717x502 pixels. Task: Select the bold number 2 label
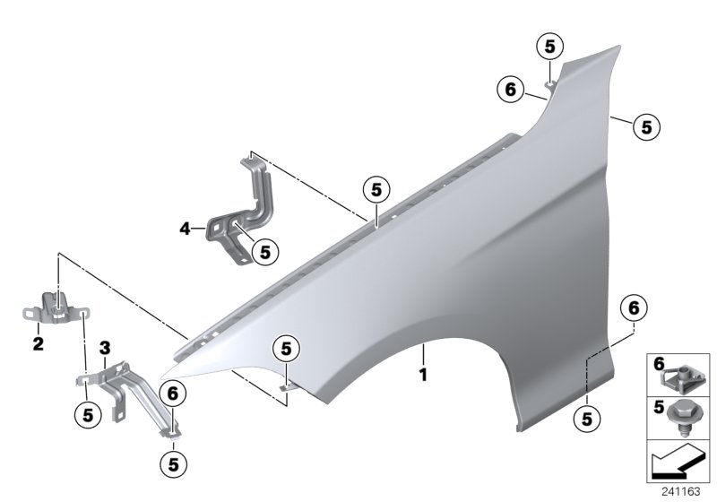pyautogui.click(x=38, y=342)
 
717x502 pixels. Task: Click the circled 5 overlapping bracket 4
pyautogui.click(x=263, y=253)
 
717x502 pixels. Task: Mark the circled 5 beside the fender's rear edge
pyautogui.click(x=645, y=126)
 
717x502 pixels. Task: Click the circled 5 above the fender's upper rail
pyautogui.click(x=375, y=189)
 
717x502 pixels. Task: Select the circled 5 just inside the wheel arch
pyautogui.click(x=285, y=348)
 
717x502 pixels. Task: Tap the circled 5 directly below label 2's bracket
pyautogui.click(x=88, y=413)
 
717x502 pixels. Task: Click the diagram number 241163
pyautogui.click(x=685, y=491)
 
